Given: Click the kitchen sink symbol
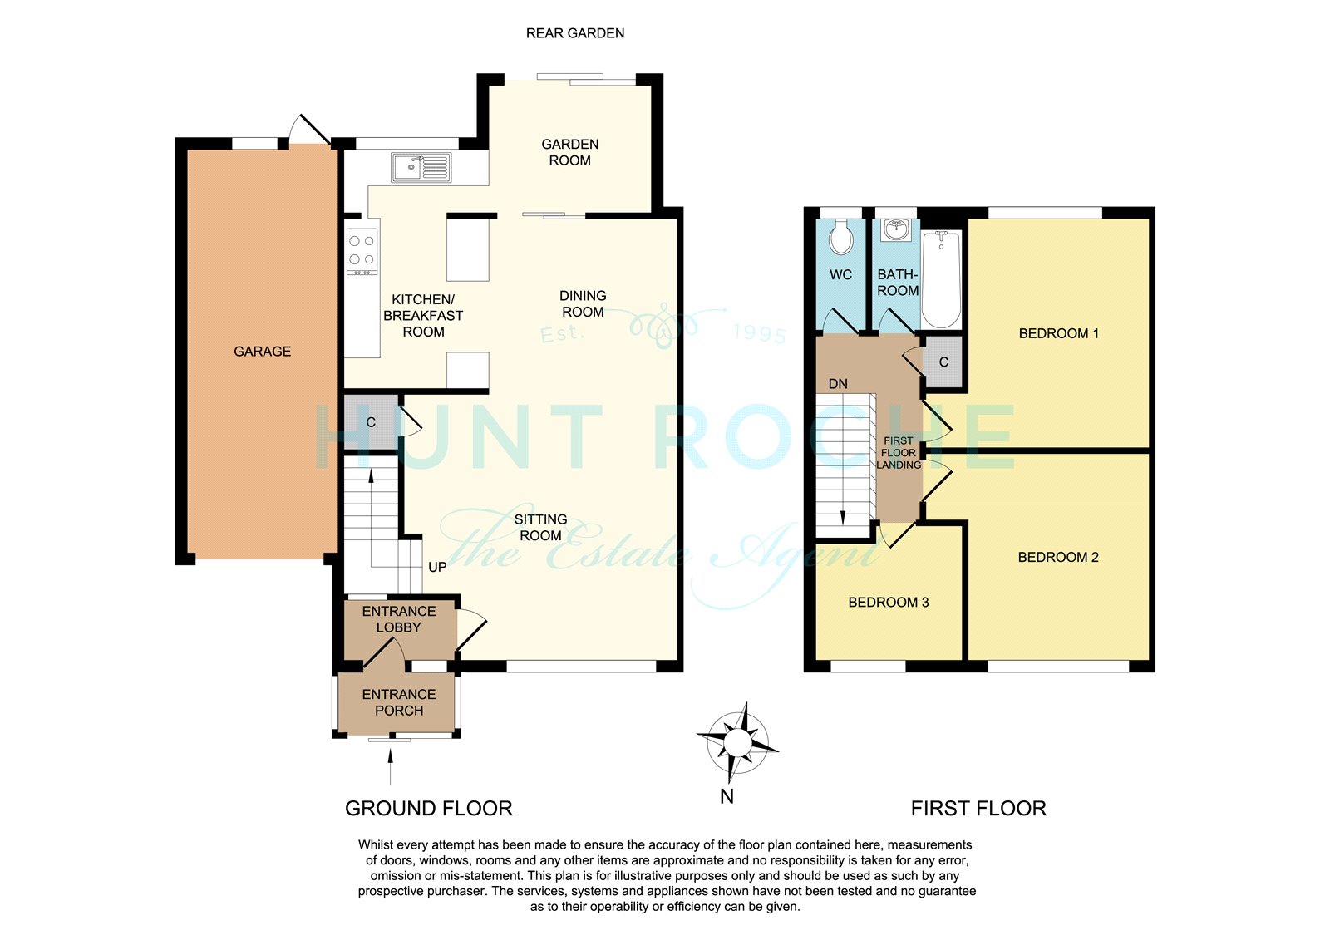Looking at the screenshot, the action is [421, 167].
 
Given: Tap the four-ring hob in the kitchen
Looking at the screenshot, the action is [362, 252].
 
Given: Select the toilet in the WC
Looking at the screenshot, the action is [840, 237].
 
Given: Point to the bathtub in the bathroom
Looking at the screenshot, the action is [941, 279].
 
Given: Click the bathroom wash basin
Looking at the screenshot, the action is [895, 229].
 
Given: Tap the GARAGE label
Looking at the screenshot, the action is [263, 352].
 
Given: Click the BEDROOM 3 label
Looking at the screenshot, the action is [889, 602].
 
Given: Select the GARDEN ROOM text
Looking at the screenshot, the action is [570, 152].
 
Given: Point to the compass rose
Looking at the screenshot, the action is [737, 742].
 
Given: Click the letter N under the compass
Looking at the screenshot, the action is [727, 796].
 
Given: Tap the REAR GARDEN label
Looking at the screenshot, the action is [575, 33].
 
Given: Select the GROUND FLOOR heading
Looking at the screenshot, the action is [429, 809].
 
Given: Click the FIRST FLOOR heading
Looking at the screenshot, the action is [978, 809].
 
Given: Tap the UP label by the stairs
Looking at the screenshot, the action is [437, 567].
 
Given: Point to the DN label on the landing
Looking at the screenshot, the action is [838, 384].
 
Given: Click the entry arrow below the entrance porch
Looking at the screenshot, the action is [390, 766].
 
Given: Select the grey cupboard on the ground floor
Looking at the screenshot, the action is [371, 422].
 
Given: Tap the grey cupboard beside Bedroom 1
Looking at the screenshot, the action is [943, 362].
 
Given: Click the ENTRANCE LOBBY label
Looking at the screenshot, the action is [399, 619].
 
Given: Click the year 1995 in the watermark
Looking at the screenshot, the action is [760, 334].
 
